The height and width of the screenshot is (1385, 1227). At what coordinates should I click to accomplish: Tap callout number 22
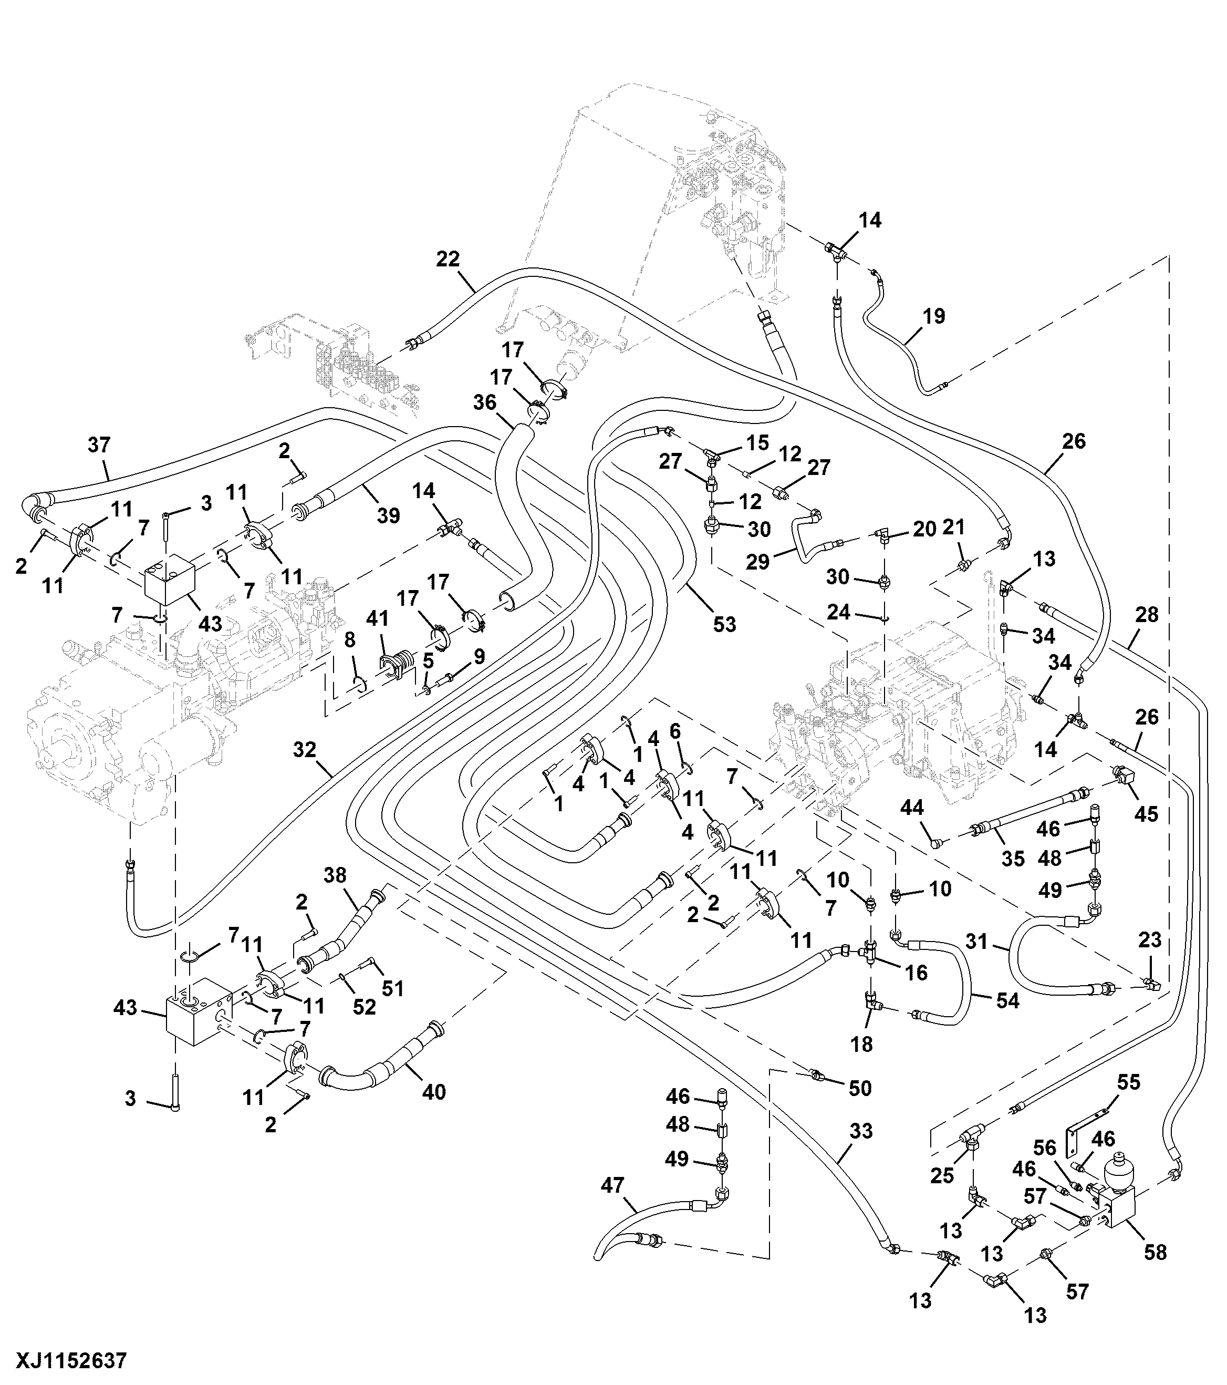pos(448,259)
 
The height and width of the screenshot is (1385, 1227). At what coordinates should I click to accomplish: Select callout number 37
pos(99,445)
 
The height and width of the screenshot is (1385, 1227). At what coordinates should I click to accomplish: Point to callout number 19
pos(933,316)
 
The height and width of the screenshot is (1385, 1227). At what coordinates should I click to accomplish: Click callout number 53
pos(724,624)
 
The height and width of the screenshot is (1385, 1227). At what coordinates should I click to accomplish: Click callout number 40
pos(434,1092)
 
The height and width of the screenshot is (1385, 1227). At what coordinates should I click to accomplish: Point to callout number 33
pos(861,1132)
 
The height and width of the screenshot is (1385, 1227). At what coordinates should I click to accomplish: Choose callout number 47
pos(612,1185)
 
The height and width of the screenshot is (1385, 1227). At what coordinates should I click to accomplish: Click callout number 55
pos(1129,1082)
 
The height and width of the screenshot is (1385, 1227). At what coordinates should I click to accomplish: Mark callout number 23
pos(1150,940)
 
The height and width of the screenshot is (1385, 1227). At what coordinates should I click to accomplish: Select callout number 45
pos(1147,813)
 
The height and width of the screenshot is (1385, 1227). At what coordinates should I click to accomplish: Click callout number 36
pos(485,402)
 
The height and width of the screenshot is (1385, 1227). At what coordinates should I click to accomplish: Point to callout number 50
pos(860,1088)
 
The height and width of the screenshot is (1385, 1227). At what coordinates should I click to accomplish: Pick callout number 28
pos(1147,615)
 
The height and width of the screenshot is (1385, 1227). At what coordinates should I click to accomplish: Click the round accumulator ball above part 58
pos(1119,1179)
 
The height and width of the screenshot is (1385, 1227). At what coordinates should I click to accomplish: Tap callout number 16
pos(916,973)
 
